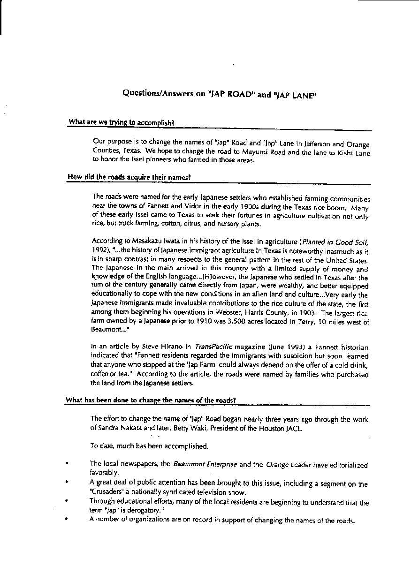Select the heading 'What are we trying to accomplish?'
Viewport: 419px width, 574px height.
122,122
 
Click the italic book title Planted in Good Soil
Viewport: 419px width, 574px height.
335,242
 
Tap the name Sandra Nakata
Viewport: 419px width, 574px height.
117,428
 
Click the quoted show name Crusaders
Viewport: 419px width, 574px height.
107,492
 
